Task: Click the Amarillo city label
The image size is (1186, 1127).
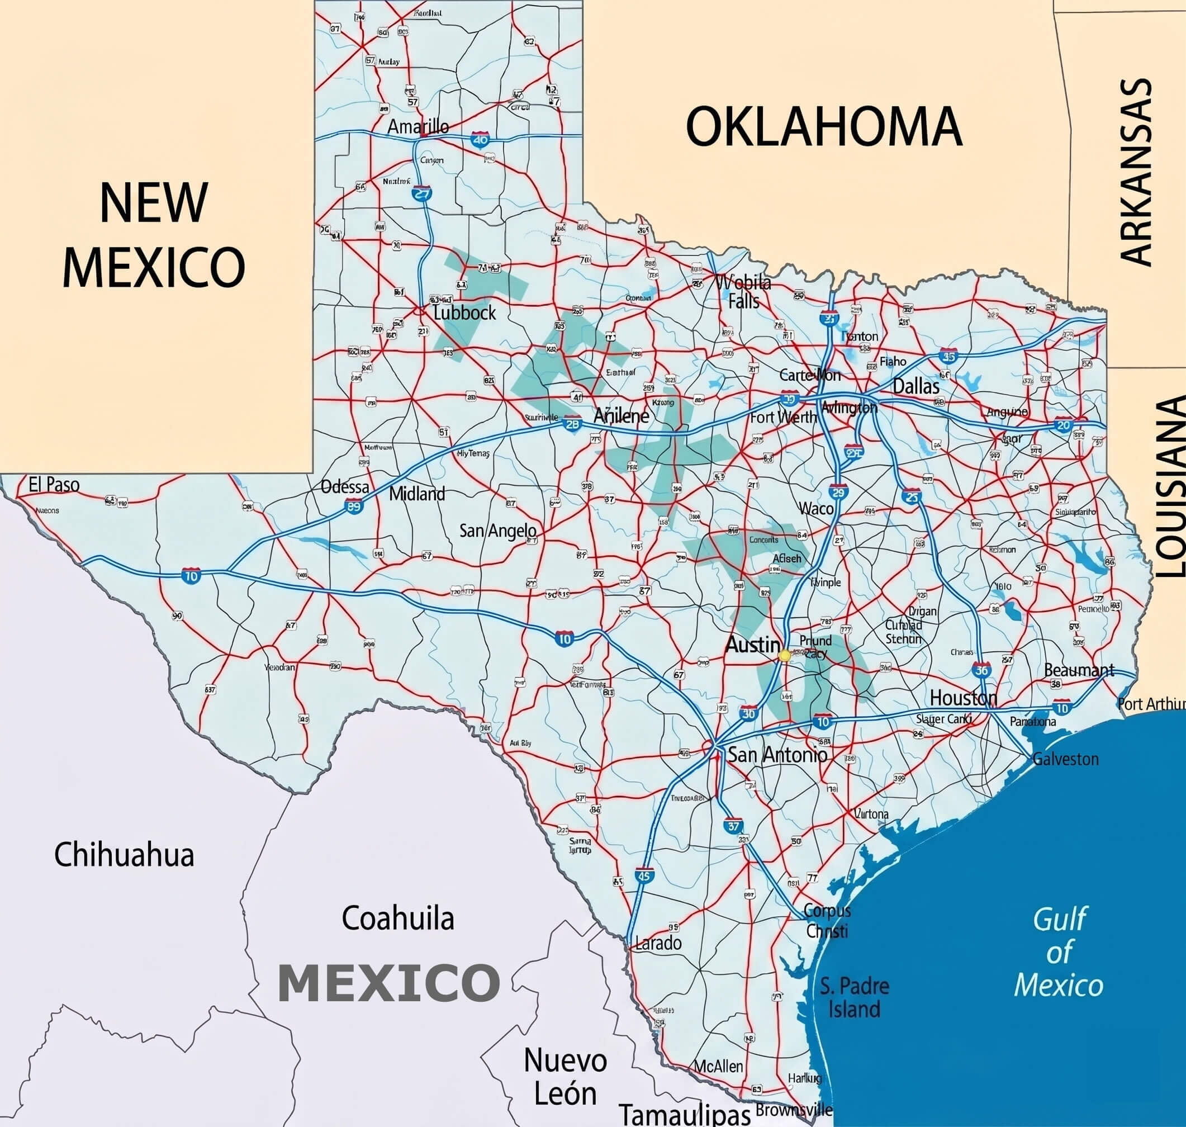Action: (x=418, y=127)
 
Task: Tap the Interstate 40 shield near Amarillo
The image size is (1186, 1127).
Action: (x=481, y=140)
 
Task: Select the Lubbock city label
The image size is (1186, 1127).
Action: (x=464, y=312)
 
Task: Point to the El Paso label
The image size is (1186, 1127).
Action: (x=54, y=485)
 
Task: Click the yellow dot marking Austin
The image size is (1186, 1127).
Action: (x=784, y=655)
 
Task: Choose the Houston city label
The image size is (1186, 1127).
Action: (x=963, y=698)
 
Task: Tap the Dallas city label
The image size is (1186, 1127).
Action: (x=916, y=386)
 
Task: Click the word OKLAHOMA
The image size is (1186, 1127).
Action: (x=824, y=127)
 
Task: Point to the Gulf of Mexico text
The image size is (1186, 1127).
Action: (x=1059, y=952)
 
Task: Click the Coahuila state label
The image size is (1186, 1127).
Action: (x=397, y=918)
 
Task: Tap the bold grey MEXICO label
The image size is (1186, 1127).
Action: (x=388, y=983)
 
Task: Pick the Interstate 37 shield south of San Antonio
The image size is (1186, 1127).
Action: (x=733, y=826)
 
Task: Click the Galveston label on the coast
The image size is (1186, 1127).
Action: (x=1065, y=759)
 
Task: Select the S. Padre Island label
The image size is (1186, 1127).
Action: (x=855, y=997)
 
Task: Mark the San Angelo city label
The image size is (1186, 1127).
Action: (x=498, y=531)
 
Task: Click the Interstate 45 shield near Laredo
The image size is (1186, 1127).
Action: (x=643, y=876)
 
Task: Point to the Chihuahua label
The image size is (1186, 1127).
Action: (x=124, y=855)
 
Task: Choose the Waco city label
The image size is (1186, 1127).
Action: (x=815, y=509)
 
